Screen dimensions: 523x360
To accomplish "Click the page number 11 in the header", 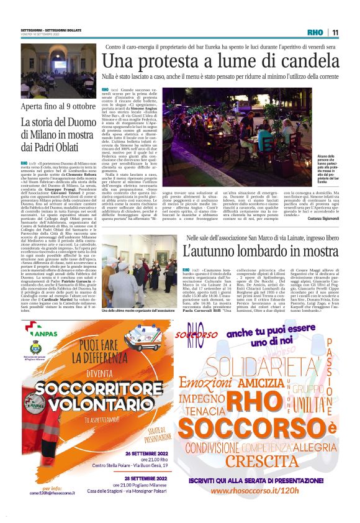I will click(335, 33).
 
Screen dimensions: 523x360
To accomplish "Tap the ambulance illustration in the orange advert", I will click(142, 339).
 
